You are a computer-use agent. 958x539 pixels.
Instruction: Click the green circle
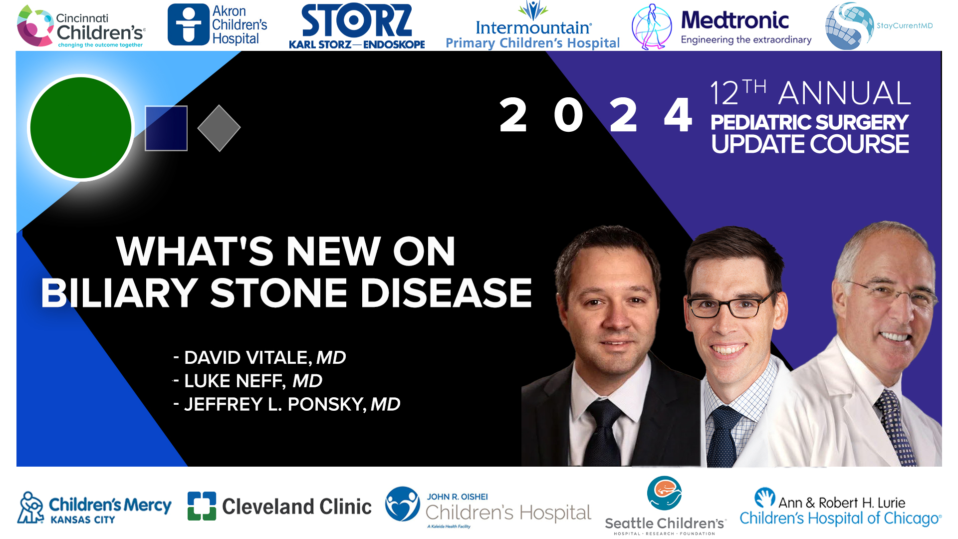81,128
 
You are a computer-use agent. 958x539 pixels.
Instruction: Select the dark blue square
166,128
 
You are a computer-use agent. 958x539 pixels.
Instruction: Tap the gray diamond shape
219,128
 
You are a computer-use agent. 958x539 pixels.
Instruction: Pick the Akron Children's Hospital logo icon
188,25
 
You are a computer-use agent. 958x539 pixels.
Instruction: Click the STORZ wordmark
357,21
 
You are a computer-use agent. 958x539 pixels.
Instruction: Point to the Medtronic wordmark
735,20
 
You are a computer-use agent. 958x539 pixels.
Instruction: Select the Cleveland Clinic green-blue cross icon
202,506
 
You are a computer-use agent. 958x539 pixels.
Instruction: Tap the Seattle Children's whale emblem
664,493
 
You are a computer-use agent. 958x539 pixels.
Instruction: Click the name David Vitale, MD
264,358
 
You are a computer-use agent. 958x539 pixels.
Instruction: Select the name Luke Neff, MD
253,381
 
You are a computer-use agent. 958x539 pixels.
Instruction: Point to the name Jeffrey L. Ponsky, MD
292,405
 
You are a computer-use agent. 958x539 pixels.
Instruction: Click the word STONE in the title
278,293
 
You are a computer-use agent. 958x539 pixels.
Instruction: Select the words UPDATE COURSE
810,144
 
